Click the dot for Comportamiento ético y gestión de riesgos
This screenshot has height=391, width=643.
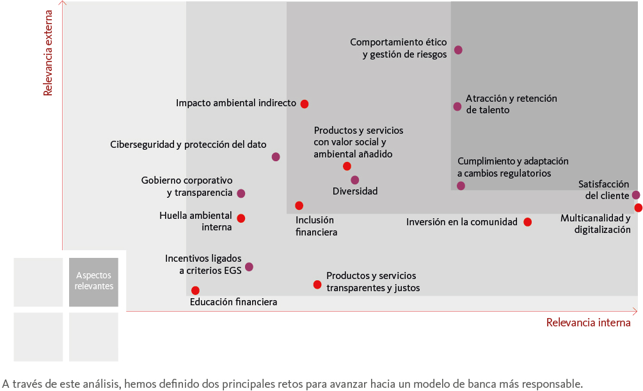[x=458, y=50]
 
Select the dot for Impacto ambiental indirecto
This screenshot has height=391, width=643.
[x=305, y=104]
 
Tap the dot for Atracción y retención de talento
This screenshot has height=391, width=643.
[x=457, y=107]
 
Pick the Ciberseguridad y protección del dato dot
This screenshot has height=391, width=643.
[x=276, y=157]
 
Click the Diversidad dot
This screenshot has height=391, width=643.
[x=355, y=180]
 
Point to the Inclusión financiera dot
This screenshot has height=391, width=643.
[x=299, y=205]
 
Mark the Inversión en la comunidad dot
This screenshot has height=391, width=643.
[x=527, y=222]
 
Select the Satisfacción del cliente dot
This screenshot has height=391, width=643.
[x=635, y=195]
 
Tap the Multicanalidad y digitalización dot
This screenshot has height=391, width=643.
[x=638, y=207]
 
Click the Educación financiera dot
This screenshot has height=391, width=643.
[x=195, y=291]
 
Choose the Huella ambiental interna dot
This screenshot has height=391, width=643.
[x=241, y=218]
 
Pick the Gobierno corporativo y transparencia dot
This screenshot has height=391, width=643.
[x=241, y=193]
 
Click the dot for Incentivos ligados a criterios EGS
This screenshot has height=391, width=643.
[x=249, y=267]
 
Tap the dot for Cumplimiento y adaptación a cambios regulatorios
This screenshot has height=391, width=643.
[x=461, y=186]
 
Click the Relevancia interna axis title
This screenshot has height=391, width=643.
[x=588, y=323]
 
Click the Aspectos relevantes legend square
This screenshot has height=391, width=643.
[x=94, y=282]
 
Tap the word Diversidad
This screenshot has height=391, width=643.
[x=355, y=191]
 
